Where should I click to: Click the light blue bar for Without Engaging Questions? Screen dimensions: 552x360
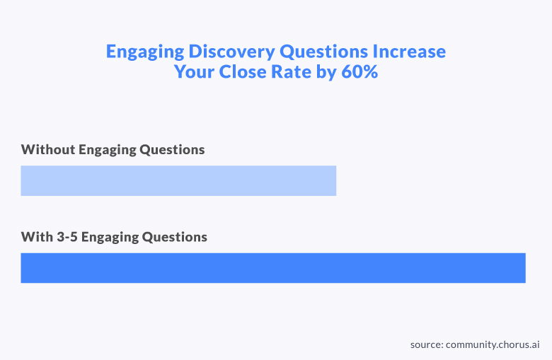pos(178,180)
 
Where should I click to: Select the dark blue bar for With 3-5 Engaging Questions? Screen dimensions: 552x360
pos(273,268)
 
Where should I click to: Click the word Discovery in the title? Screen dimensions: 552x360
pos(232,52)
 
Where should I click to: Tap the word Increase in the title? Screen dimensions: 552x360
pos(409,52)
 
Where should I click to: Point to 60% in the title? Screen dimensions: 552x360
pos(360,72)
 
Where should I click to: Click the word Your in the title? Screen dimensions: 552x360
pos(195,72)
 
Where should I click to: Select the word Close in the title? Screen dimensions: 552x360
pos(243,72)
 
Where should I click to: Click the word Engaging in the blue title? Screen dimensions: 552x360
pos(145,52)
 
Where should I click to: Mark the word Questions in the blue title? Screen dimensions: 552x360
pos(324,52)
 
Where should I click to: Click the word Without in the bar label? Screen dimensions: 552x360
pos(48,149)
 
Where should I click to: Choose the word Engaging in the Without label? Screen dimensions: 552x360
pos(108,150)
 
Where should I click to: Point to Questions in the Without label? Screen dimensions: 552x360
pos(172,150)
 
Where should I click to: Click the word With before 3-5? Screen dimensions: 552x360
pos(37,237)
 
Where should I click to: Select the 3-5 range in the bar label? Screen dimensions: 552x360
pos(67,237)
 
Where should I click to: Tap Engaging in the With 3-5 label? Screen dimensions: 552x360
pos(110,237)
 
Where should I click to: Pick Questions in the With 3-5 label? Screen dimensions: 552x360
pos(175,237)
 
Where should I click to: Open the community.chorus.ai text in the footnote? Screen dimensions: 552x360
pos(493,344)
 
